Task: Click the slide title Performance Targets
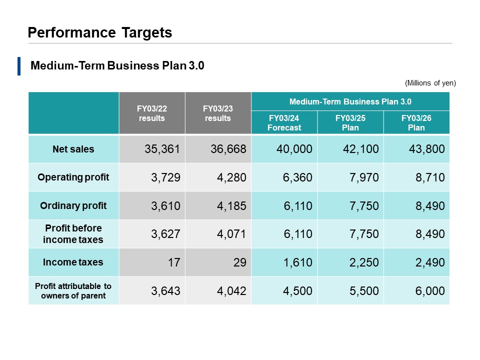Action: coord(100,33)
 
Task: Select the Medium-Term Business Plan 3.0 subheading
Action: coord(117,66)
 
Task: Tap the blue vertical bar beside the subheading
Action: coord(19,66)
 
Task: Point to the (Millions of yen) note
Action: coord(430,83)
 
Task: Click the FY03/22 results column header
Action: coord(151,113)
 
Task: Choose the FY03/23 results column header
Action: coord(218,113)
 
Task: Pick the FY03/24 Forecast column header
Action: coord(284,123)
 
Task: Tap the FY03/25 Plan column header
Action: coord(350,123)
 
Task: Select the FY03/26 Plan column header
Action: coord(416,123)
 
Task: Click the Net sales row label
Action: coord(73,149)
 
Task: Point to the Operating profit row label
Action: coord(73,177)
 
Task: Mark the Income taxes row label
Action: coord(73,262)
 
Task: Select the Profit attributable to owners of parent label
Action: coord(73,290)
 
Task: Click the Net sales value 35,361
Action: coord(162,149)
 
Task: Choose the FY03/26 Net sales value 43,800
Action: coord(427,149)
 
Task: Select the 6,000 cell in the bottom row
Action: coord(430,291)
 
